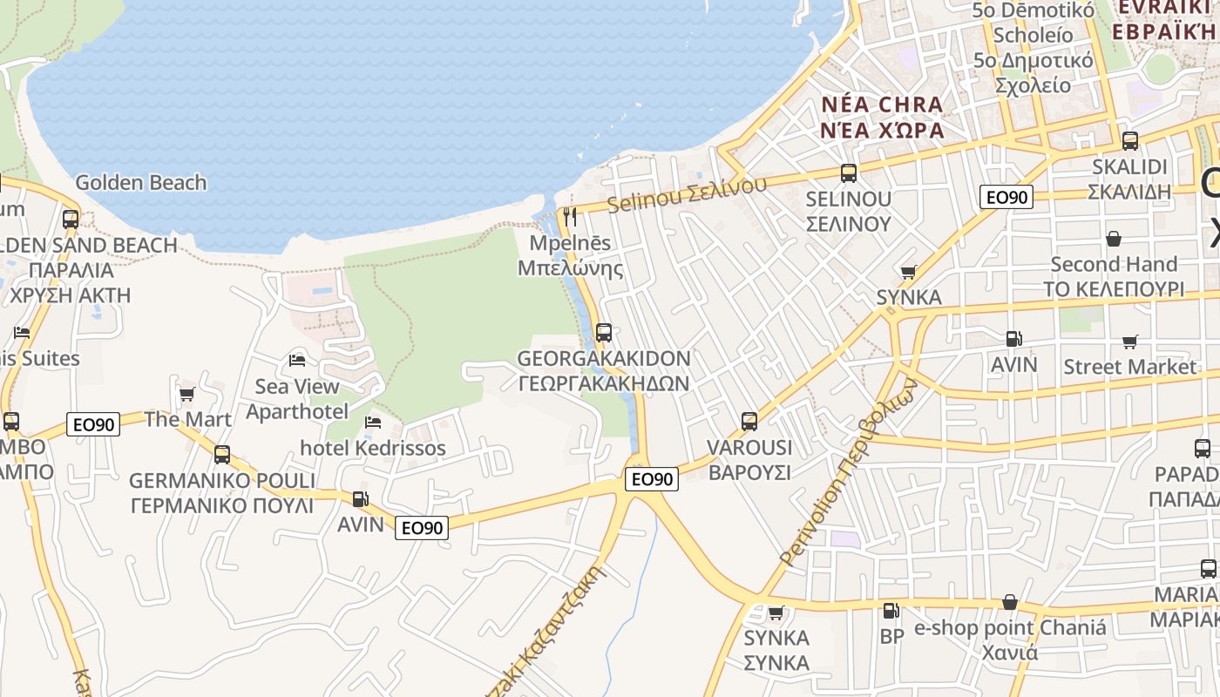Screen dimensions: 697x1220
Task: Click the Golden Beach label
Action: pyautogui.click(x=141, y=183)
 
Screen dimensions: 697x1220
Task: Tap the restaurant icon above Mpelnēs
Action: pyautogui.click(x=570, y=216)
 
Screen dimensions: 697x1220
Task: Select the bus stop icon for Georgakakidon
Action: pyautogui.click(x=603, y=332)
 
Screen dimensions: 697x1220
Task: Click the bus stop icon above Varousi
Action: pyautogui.click(x=749, y=422)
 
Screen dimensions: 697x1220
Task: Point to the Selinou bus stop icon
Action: pyautogui.click(x=848, y=173)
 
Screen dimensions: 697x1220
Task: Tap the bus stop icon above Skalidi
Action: pyautogui.click(x=1129, y=140)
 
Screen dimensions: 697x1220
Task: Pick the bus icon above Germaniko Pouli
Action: pyautogui.click(x=222, y=454)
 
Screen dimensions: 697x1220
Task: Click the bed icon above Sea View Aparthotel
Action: pyautogui.click(x=297, y=360)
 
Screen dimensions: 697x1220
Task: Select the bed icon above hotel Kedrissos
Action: pyautogui.click(x=373, y=423)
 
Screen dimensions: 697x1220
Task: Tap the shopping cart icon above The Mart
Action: pyautogui.click(x=186, y=394)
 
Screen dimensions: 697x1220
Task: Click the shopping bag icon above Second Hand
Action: pyautogui.click(x=1113, y=238)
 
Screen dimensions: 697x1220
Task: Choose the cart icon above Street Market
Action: pyautogui.click(x=1129, y=342)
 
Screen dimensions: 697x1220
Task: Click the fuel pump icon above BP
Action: pyautogui.click(x=891, y=611)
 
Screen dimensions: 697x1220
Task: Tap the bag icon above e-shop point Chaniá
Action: pyautogui.click(x=1009, y=602)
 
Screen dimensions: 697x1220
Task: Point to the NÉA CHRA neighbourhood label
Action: pyautogui.click(x=882, y=105)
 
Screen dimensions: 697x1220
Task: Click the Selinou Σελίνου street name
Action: pyautogui.click(x=687, y=193)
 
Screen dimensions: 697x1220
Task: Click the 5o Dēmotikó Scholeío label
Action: pyautogui.click(x=1034, y=23)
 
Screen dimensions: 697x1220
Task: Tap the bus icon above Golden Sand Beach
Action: pyautogui.click(x=71, y=219)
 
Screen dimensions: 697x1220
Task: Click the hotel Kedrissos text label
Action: pyautogui.click(x=373, y=449)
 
